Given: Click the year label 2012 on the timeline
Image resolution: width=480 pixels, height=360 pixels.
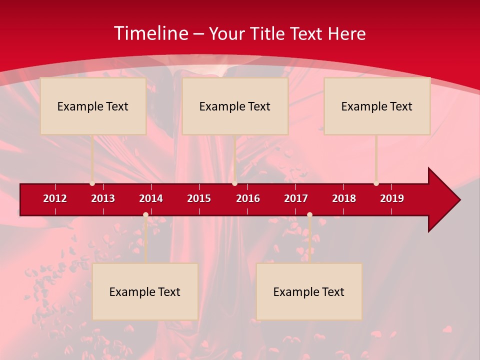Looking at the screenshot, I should (55, 198).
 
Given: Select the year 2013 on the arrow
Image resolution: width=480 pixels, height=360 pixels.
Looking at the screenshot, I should (103, 198).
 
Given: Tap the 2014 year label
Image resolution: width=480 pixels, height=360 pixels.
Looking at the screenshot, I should (151, 198).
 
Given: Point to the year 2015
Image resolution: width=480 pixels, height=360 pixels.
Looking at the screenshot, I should (199, 198).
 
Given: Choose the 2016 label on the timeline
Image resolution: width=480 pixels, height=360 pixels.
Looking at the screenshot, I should (248, 198).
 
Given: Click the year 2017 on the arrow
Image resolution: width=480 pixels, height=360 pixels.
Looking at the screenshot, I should (296, 198).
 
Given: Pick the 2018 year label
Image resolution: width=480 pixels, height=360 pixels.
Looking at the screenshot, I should (344, 198).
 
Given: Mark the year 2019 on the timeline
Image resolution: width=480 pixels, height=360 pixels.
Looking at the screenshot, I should (392, 198).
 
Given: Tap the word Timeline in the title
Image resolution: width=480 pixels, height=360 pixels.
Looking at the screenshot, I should (150, 33).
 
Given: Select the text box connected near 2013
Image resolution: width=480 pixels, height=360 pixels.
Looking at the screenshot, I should (93, 106).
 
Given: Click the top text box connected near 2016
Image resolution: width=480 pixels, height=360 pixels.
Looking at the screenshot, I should (235, 106).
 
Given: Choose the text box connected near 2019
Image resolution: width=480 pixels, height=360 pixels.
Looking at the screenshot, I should (377, 106).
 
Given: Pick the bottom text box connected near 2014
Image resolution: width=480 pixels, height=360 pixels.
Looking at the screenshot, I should (145, 291).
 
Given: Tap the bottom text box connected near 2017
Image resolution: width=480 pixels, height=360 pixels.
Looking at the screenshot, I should (309, 291).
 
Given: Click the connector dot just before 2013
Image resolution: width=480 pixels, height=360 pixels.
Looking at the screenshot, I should (92, 183).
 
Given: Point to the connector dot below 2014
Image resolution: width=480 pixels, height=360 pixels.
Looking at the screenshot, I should (145, 215).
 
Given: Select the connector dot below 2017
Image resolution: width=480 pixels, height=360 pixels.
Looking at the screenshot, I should (309, 215).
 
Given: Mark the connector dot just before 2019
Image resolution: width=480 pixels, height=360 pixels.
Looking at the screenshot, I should (376, 183).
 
